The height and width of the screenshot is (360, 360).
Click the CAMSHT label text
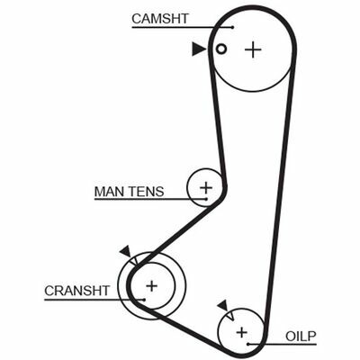point(160,19)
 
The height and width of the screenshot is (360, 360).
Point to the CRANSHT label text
point(77,291)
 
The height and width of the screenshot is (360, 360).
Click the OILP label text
point(301,337)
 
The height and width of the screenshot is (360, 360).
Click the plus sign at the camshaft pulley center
point(253,49)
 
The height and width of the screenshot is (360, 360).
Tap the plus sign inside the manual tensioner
point(206,188)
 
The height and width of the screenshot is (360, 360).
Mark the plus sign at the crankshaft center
point(152,286)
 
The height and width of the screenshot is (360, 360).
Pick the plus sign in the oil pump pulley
point(241,332)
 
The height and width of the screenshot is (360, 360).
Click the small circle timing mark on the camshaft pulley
point(221,49)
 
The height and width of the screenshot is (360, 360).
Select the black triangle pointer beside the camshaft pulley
point(198,49)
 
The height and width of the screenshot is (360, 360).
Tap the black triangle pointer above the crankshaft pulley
point(125,251)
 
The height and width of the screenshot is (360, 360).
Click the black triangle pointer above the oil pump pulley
point(223,306)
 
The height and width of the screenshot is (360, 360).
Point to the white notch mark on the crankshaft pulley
point(135,260)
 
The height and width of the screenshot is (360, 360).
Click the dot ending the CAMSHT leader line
point(233,27)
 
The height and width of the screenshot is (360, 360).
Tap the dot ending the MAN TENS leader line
point(206,199)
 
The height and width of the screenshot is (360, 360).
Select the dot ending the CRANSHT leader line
point(144,299)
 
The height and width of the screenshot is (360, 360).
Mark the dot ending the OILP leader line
point(248,344)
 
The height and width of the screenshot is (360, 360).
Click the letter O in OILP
point(291,337)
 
